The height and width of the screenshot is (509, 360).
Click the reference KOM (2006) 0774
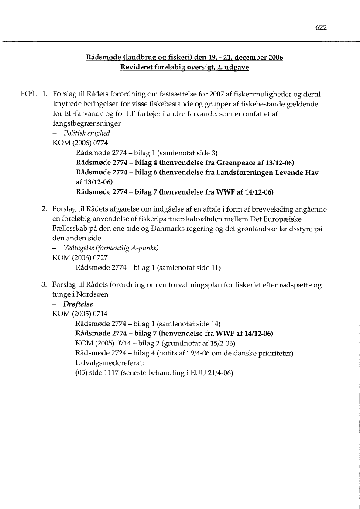click(x=80, y=143)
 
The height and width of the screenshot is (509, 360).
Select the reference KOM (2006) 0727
click(x=80, y=258)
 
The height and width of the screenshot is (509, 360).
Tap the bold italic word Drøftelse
click(x=78, y=304)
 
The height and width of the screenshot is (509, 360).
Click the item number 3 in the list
click(x=44, y=285)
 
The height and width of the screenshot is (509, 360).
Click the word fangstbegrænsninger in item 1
click(x=86, y=123)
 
